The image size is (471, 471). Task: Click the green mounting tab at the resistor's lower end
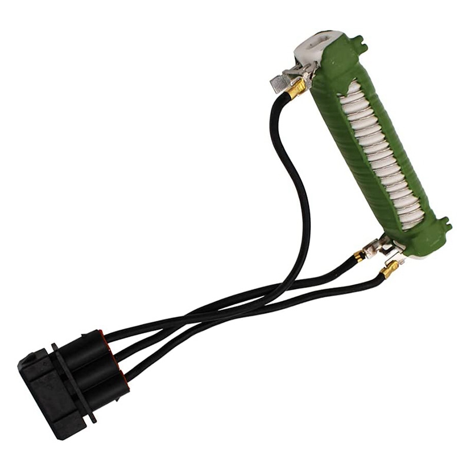tap(444, 224)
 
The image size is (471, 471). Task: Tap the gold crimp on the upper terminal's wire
tap(297, 89)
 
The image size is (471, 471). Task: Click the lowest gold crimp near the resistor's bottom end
tap(389, 270)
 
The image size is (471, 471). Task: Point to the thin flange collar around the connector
tap(73, 383)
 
